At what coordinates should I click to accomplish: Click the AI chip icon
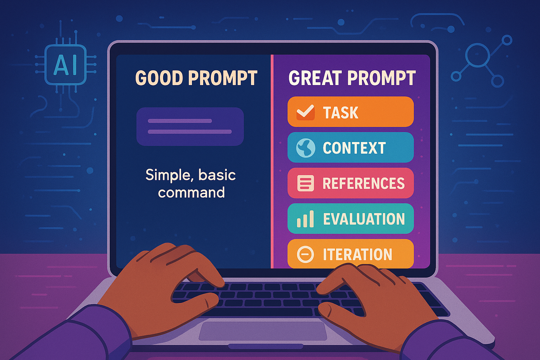pos(65,65)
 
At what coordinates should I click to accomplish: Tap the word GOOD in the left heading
pos(159,78)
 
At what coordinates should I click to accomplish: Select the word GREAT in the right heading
pos(315,78)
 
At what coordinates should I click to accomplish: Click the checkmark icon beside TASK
pos(306,112)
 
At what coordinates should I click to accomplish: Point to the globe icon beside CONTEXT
pos(306,148)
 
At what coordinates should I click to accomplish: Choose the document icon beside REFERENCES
pos(306,183)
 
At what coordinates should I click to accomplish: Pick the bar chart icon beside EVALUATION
pos(305,219)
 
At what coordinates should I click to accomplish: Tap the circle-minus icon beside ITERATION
pos(306,255)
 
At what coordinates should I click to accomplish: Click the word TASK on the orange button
pos(340,112)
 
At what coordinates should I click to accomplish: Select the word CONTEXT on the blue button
pos(354,148)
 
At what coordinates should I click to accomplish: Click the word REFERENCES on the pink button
pos(364,183)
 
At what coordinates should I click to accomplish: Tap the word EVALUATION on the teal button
pos(364,219)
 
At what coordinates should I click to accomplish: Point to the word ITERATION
pos(358,255)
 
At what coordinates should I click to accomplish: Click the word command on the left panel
pos(191,192)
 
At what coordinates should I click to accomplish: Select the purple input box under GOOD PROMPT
pos(190,127)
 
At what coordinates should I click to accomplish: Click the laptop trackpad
pos(263,331)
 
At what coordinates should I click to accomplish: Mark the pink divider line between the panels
pos(272,161)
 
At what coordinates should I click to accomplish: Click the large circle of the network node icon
pos(477,55)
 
